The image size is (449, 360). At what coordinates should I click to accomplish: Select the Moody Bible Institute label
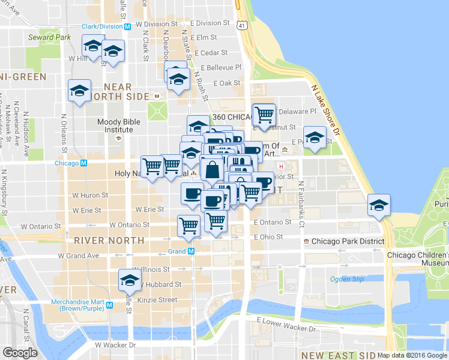pos(115,125)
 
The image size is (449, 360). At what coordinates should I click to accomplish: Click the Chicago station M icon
pos(84,163)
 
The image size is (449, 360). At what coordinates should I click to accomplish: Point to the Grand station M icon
pos(191,251)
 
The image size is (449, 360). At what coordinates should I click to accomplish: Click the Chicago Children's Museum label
pos(418,259)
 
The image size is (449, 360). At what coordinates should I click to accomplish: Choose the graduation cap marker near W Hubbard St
pos(129,280)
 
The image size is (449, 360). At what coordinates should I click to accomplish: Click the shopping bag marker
pos(212,170)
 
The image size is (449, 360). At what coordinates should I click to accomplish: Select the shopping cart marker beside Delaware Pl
pos(264,113)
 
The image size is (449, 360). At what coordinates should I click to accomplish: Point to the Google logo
pos(20,353)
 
